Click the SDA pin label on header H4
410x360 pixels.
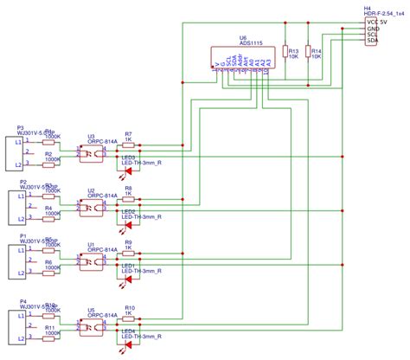pyautogui.click(x=372, y=41)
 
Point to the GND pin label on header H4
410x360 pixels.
pyautogui.click(x=373, y=29)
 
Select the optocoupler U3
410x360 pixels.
pyautogui.click(x=91, y=152)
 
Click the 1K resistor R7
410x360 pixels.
pyautogui.click(x=129, y=144)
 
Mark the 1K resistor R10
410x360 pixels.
pyautogui.click(x=129, y=315)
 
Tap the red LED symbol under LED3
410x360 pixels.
pyautogui.click(x=129, y=174)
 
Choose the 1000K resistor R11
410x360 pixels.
pyautogui.click(x=51, y=335)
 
